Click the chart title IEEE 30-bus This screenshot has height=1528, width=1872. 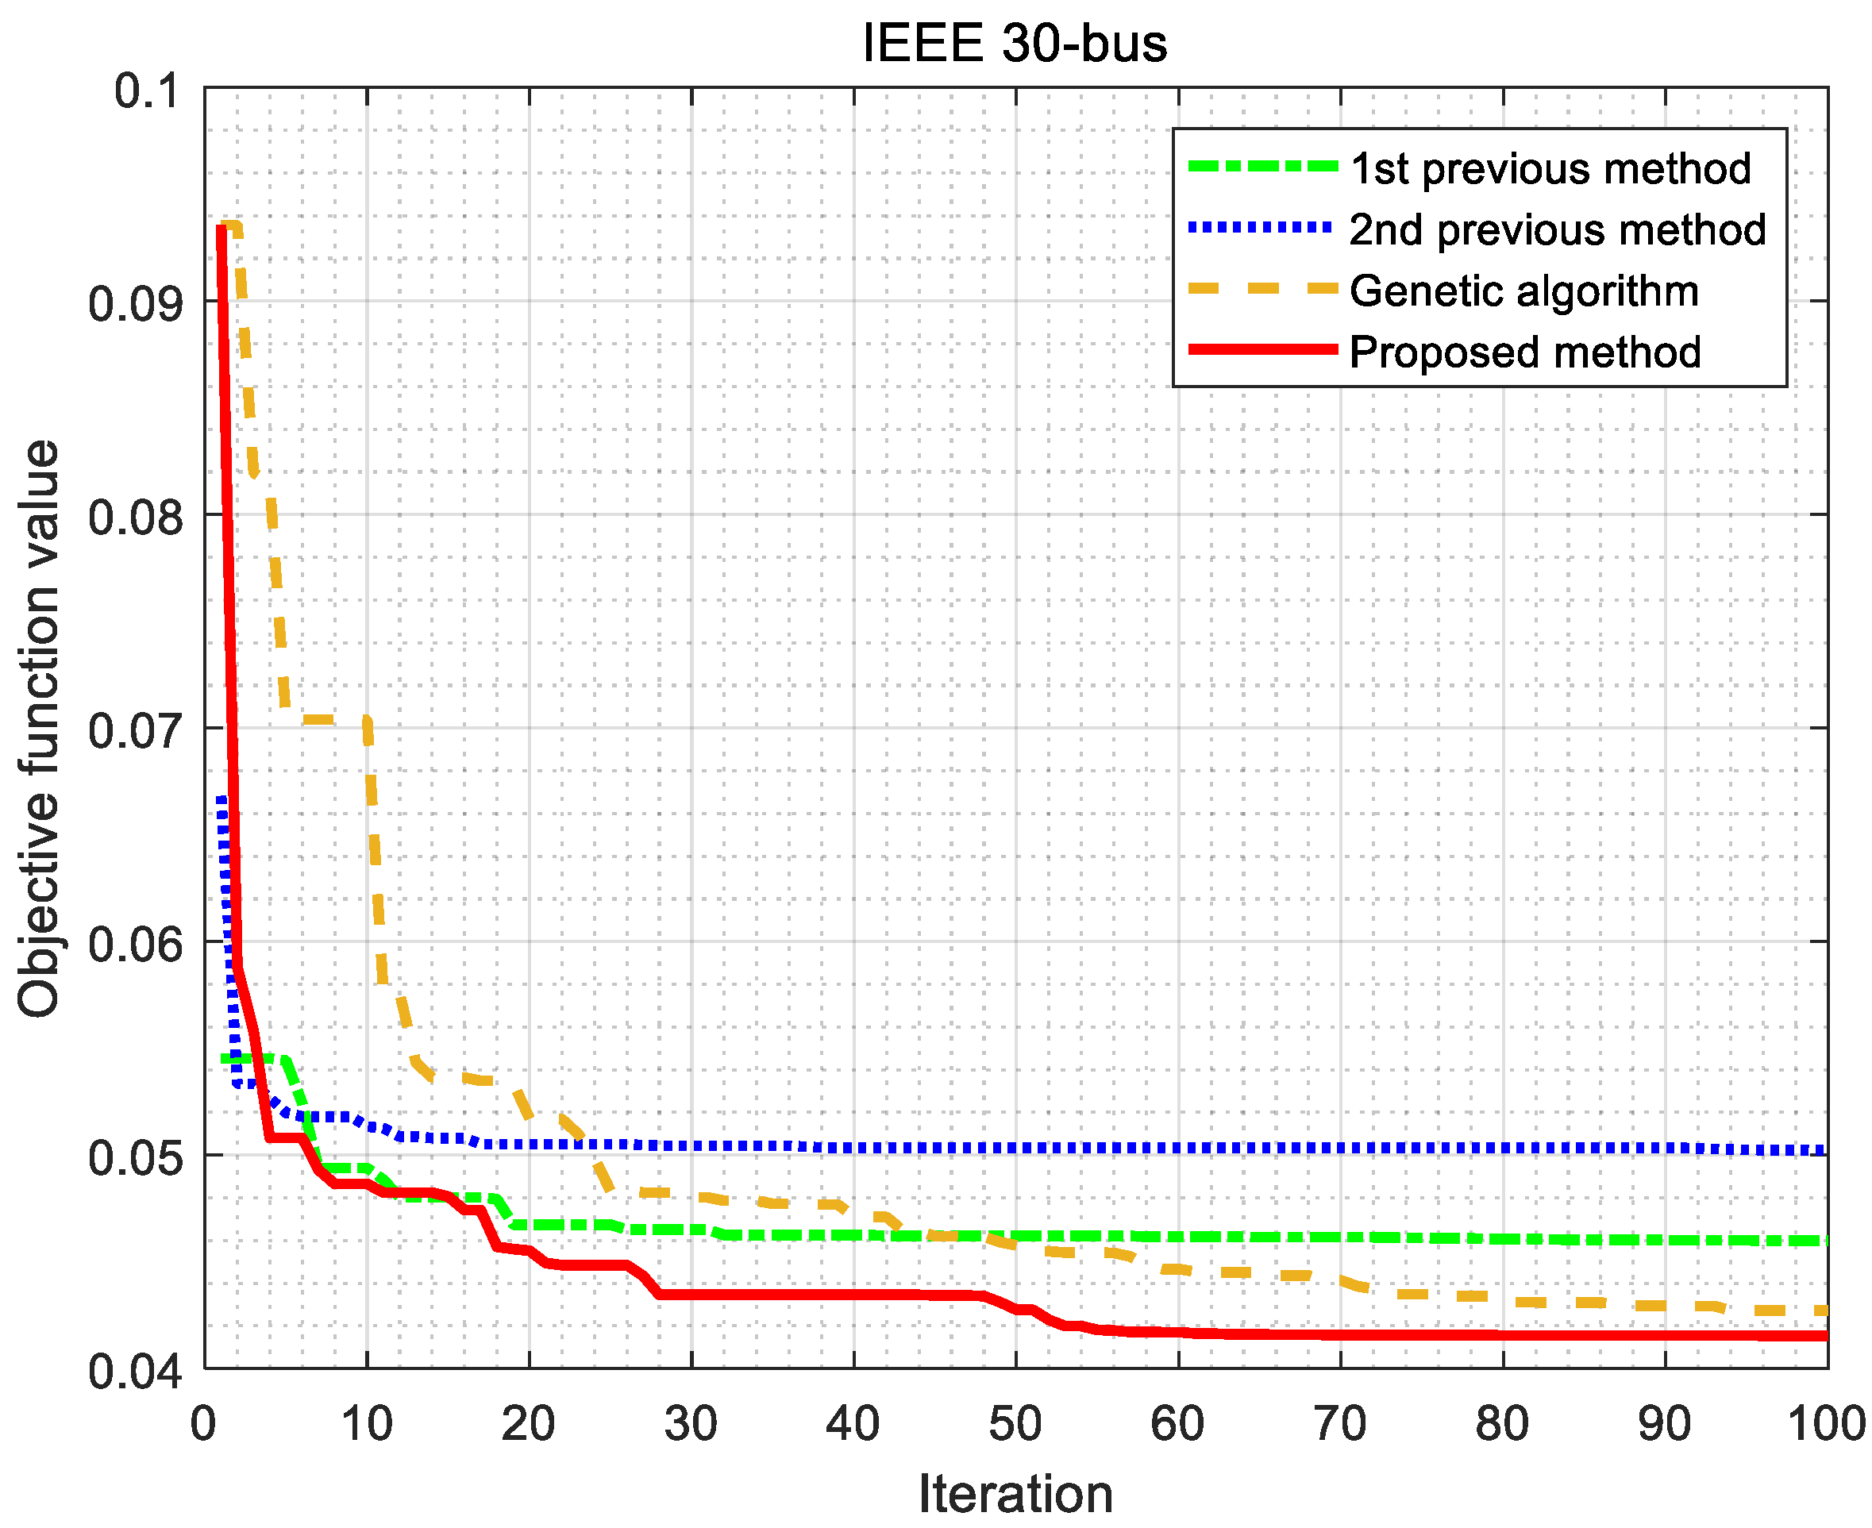pos(1015,43)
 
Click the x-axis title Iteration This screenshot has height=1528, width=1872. pos(1015,1494)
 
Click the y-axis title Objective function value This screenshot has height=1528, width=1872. pos(39,728)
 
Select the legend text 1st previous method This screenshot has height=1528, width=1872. pos(1549,168)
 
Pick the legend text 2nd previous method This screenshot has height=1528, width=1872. pos(1557,229)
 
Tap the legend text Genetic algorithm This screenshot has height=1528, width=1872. pos(1523,291)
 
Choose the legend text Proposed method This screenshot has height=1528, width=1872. pos(1524,352)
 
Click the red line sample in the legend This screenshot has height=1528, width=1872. pos(1262,349)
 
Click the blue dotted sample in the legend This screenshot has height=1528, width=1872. pos(1262,228)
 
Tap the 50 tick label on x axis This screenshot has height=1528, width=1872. pos(1015,1423)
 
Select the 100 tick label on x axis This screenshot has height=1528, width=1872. pos(1826,1423)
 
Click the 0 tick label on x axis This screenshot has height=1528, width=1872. pos(204,1423)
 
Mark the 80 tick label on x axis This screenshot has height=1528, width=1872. pos(1501,1423)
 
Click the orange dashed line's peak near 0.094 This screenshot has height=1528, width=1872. pos(230,226)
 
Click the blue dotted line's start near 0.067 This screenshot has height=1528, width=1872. pos(221,799)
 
